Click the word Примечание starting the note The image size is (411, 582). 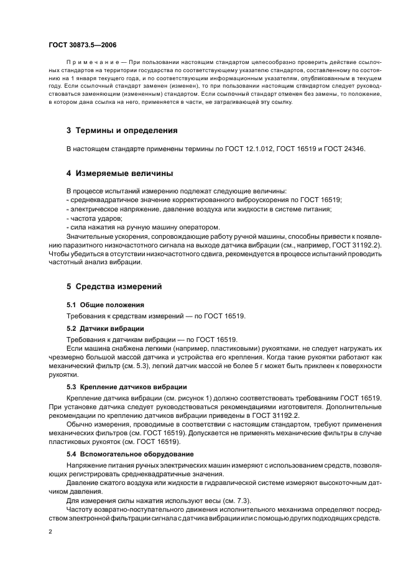tap(93, 63)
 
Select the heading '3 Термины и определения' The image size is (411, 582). tap(122, 131)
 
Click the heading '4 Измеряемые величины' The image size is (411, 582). tap(119, 173)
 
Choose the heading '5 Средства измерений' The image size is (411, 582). tap(114, 287)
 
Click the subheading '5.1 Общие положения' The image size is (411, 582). tap(105, 305)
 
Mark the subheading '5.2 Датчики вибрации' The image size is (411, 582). tap(105, 328)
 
